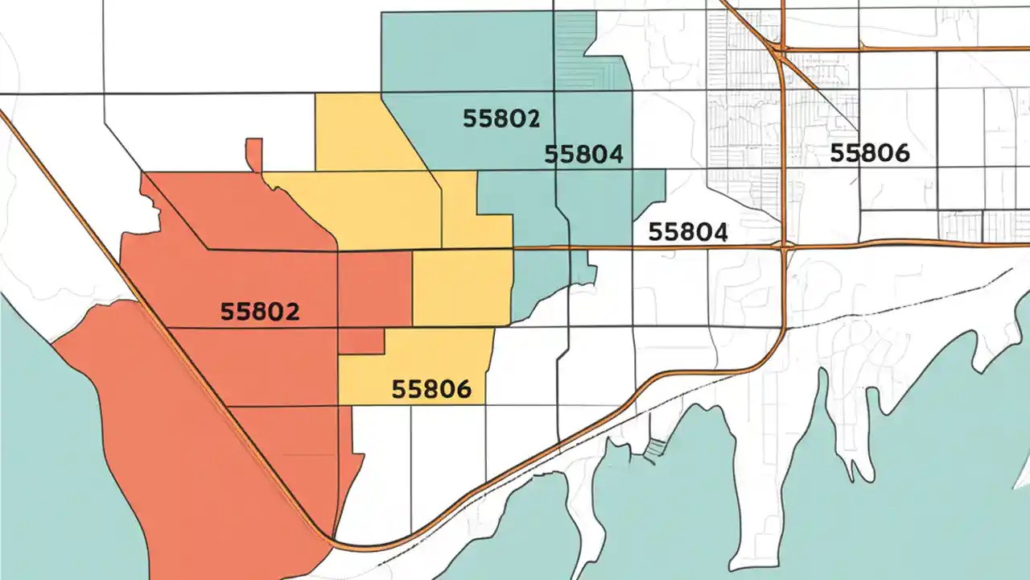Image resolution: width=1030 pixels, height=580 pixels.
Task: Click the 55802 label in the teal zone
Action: coord(501,119)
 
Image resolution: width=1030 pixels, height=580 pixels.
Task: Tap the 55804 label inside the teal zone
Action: coord(583,154)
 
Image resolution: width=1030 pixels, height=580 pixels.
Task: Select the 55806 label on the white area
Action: coord(869,152)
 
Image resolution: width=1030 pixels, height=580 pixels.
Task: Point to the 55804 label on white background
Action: coord(687,232)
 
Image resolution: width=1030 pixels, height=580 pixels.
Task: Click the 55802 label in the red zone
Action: coord(259,312)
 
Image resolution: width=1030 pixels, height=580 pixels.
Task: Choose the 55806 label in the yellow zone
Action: coord(431,390)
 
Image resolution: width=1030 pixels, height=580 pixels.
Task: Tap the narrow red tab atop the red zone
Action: coord(254,154)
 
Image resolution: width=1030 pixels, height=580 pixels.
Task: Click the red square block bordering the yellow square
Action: coord(374,288)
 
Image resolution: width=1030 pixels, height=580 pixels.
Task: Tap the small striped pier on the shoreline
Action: coord(657,446)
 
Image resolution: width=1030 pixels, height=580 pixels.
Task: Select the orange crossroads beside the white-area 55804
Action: coord(785,245)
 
